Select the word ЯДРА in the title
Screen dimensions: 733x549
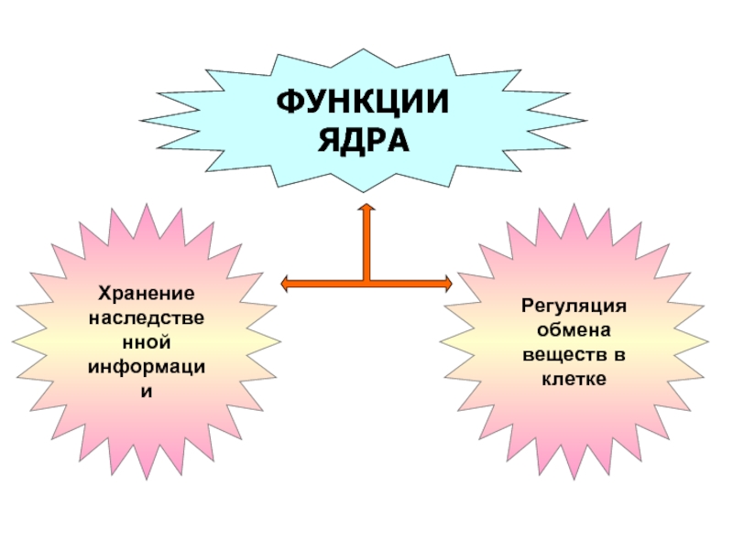click(x=364, y=140)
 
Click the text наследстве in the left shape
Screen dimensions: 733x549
click(x=146, y=320)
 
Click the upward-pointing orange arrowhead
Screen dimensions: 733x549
click(x=366, y=210)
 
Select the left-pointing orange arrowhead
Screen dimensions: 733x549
click(x=285, y=284)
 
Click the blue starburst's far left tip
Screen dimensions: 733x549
click(x=141, y=120)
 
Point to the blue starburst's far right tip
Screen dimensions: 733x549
click(x=587, y=120)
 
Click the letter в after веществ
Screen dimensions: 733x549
click(x=619, y=353)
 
